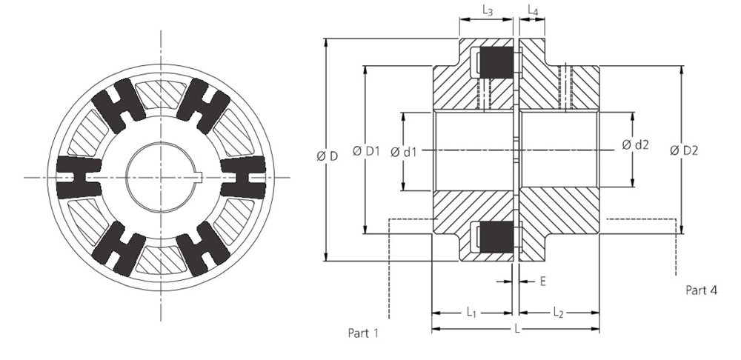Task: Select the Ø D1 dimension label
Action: (366, 151)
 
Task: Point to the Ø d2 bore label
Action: (635, 144)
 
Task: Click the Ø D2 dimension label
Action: (683, 150)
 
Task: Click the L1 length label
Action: (472, 313)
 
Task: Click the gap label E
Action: (543, 281)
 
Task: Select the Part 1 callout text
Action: (364, 333)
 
